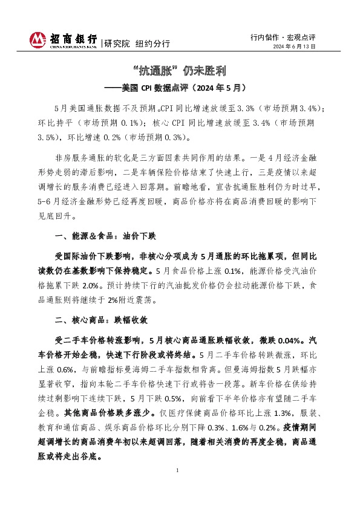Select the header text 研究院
coord(117,44)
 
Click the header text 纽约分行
coord(152,44)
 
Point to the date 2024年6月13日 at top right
coord(293,47)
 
